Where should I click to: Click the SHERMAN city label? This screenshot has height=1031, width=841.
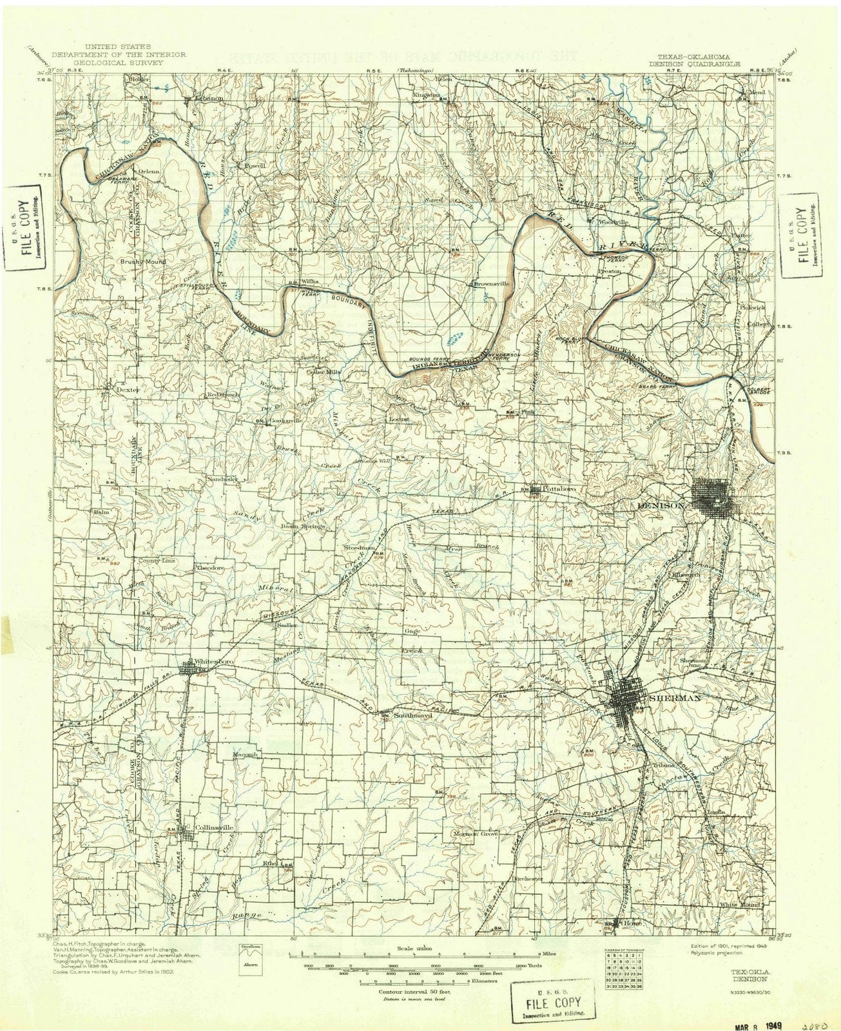point(675,699)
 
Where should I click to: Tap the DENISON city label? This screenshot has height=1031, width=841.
point(661,506)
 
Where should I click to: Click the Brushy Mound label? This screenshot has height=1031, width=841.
point(142,262)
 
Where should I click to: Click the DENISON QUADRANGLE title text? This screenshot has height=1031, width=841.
point(694,64)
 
